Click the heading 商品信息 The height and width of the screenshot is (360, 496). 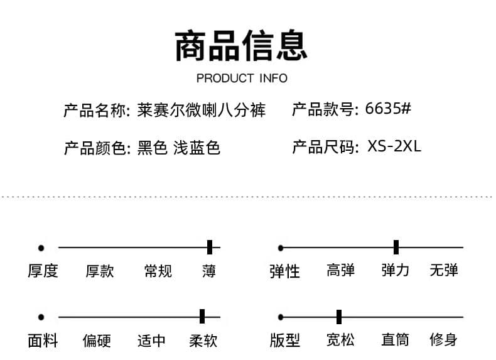click(x=241, y=46)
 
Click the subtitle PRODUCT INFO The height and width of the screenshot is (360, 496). click(x=242, y=78)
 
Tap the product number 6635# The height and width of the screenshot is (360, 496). click(x=388, y=108)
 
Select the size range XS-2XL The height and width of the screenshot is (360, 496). click(x=394, y=146)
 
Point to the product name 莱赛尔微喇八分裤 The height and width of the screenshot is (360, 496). click(x=201, y=110)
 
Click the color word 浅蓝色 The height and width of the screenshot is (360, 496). click(x=197, y=148)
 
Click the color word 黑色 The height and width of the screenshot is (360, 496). click(x=152, y=148)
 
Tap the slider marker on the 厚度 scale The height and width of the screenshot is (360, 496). click(x=210, y=247)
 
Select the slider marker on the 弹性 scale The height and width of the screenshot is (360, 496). click(x=396, y=247)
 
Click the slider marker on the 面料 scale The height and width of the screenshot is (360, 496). click(x=202, y=316)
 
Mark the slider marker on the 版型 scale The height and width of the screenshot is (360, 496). click(x=339, y=317)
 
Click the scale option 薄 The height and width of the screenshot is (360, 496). click(x=209, y=271)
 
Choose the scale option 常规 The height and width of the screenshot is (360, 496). click(x=158, y=271)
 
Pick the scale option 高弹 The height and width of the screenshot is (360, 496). click(x=341, y=270)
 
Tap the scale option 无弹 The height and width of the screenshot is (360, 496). click(x=443, y=270)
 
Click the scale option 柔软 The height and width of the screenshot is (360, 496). click(x=203, y=341)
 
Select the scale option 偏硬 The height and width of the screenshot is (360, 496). click(x=97, y=341)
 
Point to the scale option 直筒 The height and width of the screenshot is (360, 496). click(x=395, y=340)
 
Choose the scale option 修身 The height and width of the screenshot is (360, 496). click(x=443, y=340)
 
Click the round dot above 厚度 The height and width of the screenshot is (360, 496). click(x=41, y=248)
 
